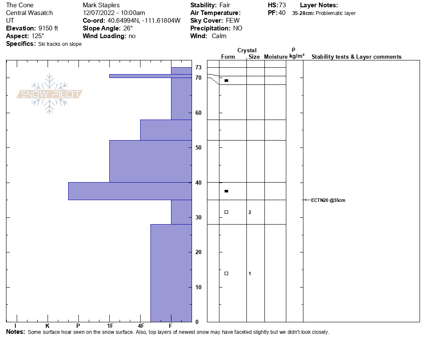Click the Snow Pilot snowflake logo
click(50, 94)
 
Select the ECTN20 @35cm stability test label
click(328, 200)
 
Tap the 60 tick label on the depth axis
click(198, 113)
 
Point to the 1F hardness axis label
click(110, 326)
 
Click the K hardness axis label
click(47, 326)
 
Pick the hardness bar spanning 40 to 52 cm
click(150, 161)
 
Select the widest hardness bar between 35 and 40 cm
click(130, 191)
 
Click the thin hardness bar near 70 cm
click(150, 76)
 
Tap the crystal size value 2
click(250, 212)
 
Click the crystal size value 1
click(250, 273)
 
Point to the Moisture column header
click(276, 57)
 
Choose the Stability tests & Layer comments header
click(356, 57)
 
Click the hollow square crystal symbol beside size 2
click(226, 212)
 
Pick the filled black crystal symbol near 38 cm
click(226, 191)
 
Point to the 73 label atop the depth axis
click(198, 67)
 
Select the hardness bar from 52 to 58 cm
click(166, 130)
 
